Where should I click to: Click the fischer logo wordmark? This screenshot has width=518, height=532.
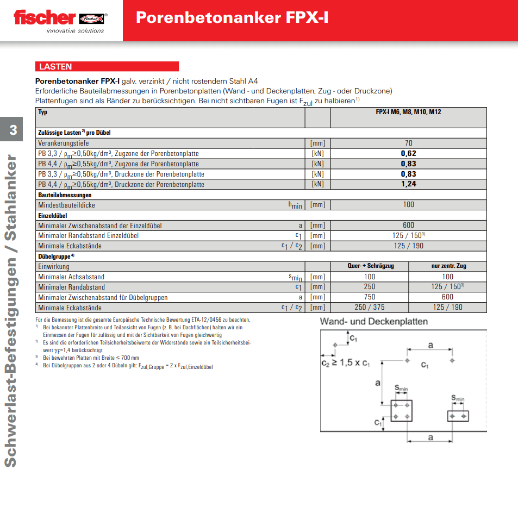pos(45,17)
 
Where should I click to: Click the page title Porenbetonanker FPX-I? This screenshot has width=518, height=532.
pos(232,17)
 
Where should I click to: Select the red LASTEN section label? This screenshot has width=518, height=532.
pos(55,67)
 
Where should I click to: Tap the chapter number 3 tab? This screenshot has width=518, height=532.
pos(13,129)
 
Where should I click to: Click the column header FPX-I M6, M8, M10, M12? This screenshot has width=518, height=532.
pos(408,112)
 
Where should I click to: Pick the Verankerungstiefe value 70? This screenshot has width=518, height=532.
pos(408,143)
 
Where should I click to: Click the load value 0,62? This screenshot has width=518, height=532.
pos(408,154)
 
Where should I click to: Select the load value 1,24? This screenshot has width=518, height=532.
pos(408,184)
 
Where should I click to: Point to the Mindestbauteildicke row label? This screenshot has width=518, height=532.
pos(66,205)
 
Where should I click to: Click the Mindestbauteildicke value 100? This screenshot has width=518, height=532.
pos(408,205)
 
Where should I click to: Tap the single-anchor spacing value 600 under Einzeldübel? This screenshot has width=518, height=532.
pos(408,225)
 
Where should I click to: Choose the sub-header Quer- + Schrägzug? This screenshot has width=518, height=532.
pos(370,266)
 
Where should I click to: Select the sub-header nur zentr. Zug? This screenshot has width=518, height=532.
pos(448,266)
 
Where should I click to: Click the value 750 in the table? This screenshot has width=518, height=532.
pos(370,297)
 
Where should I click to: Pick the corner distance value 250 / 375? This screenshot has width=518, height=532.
pos(370,308)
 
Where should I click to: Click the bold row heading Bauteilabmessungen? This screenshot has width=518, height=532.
pos(65,195)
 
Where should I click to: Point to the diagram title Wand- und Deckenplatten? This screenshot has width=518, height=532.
pos(373,322)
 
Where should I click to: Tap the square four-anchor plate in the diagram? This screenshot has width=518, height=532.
pos(401,411)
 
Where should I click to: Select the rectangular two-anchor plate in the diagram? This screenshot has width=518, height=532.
pos(458,416)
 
